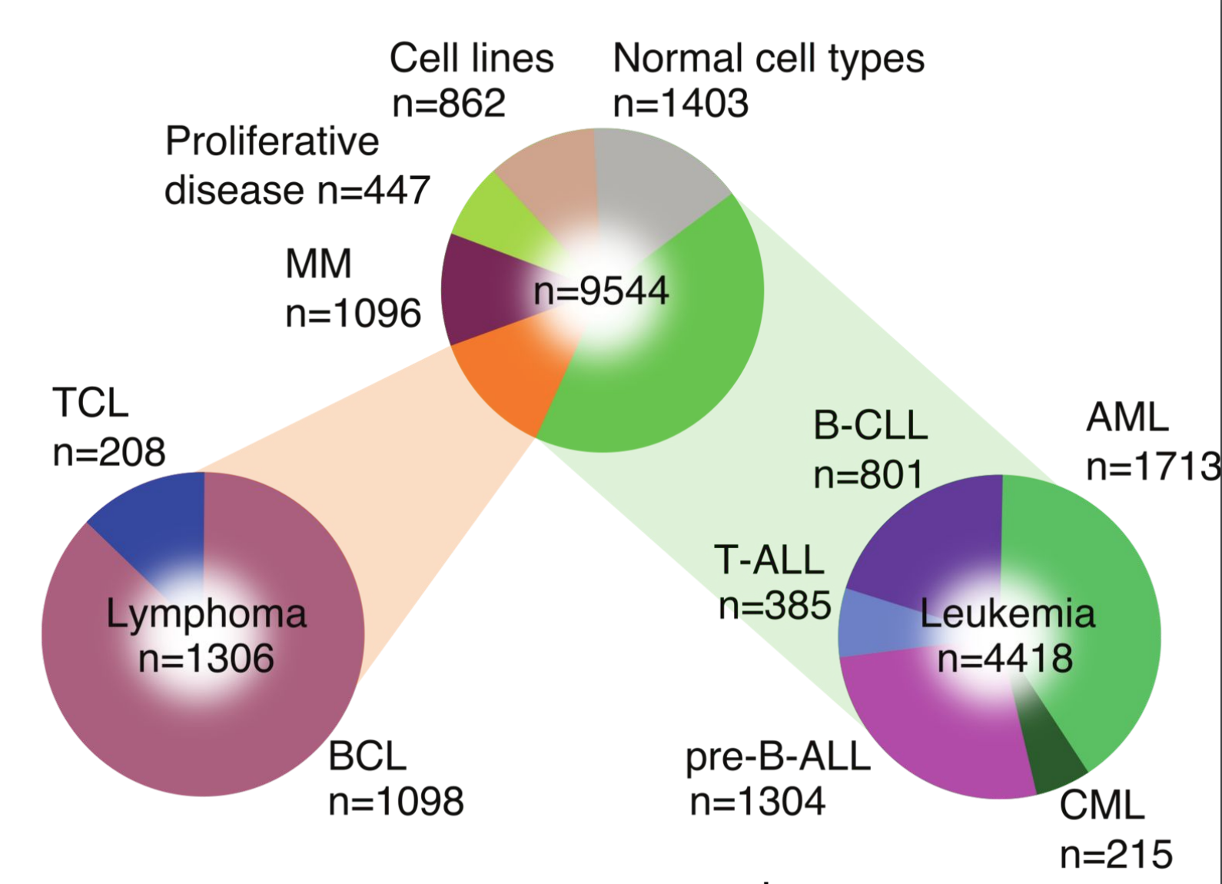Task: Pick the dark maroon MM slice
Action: pos(480,289)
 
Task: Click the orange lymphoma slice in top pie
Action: pos(513,371)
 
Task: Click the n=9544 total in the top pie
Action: pos(601,291)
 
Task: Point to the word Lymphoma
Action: pos(206,614)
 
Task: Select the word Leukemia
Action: pos(1008,613)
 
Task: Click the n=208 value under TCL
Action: pos(109,452)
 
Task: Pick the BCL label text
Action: pos(367,756)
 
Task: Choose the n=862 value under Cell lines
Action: pos(449,103)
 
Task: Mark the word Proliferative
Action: pos(271,141)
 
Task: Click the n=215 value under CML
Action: pos(1116,855)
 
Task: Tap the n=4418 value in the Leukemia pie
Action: pos(1005,658)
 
